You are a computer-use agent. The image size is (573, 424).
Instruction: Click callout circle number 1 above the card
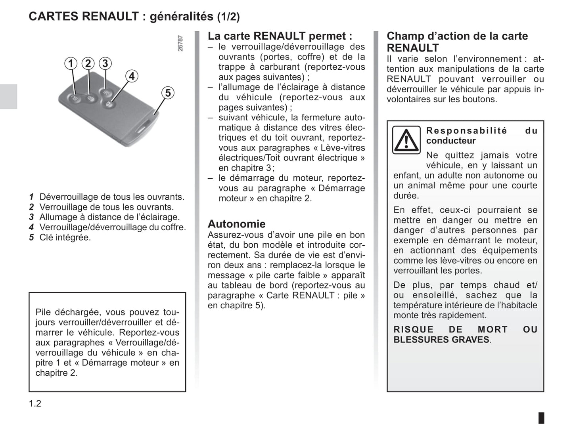click(71, 63)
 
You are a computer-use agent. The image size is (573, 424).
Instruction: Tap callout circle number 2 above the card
click(88, 63)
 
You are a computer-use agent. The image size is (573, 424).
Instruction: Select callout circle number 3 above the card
click(105, 63)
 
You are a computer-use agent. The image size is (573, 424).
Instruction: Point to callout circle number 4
click(132, 76)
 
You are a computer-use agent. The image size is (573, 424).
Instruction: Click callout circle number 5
click(168, 93)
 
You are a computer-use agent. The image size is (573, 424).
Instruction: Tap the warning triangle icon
click(406, 140)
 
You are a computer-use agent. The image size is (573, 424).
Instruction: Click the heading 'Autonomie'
click(237, 224)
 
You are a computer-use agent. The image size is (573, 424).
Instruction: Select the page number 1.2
click(35, 404)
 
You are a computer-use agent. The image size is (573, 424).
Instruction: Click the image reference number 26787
click(180, 43)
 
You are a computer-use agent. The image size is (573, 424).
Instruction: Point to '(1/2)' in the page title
click(228, 17)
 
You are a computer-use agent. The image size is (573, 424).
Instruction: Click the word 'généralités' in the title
click(181, 17)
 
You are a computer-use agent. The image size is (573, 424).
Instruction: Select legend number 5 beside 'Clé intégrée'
click(31, 238)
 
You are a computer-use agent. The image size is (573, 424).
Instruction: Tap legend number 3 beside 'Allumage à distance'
click(31, 217)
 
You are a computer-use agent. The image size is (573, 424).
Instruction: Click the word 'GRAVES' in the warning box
click(470, 340)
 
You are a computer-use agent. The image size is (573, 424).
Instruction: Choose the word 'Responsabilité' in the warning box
click(466, 131)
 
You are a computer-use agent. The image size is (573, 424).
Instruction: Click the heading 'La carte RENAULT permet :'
click(280, 36)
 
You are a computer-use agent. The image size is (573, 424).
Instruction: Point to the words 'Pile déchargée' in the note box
click(65, 312)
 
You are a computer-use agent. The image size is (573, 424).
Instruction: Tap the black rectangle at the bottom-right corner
click(541, 418)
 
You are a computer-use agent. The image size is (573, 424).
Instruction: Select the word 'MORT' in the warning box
click(493, 330)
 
